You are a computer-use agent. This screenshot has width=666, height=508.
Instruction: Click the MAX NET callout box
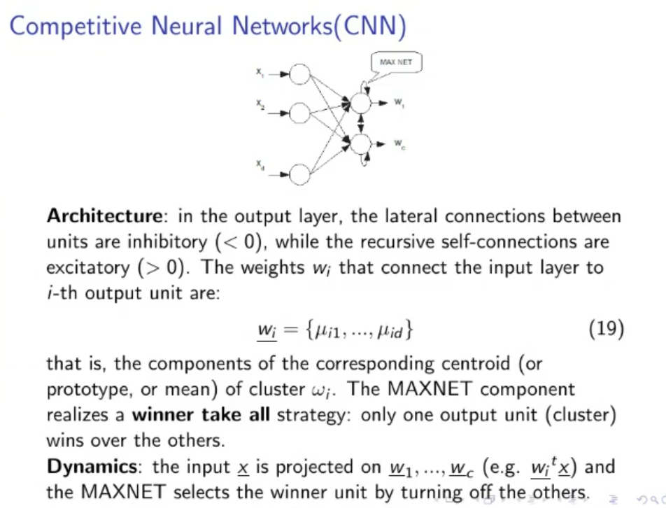point(396,63)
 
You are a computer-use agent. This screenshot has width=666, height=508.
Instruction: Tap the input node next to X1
point(299,73)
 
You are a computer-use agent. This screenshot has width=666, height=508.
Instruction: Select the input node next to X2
point(299,112)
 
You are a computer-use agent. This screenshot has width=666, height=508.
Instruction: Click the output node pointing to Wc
point(360,144)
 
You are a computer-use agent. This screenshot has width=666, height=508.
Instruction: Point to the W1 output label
point(399,103)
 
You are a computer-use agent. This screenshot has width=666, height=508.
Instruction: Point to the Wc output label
point(399,143)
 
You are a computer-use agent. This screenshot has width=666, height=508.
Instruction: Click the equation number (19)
point(606,328)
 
